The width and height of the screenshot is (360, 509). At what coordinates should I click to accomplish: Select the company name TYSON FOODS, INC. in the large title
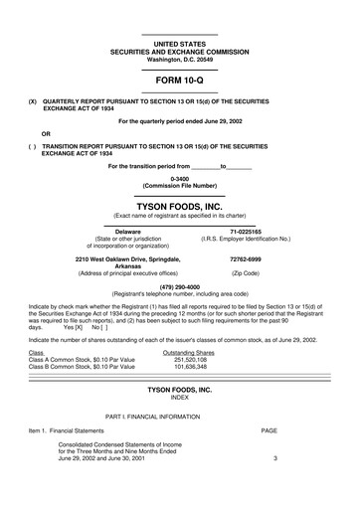(x=179, y=205)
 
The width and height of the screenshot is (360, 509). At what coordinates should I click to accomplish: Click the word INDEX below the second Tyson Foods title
(x=179, y=399)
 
